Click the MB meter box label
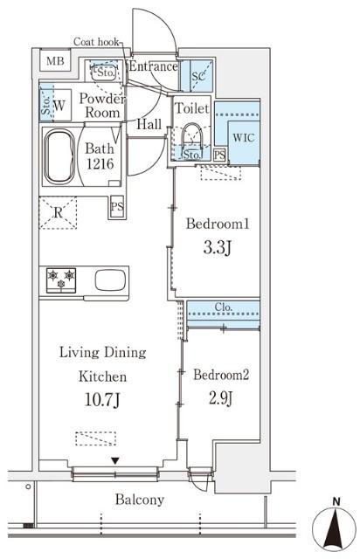[x=55, y=61]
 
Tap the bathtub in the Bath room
[x=59, y=156]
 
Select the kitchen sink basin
[x=110, y=279]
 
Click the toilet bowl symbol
[x=192, y=136]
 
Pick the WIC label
[x=244, y=138]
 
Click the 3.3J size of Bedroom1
[x=218, y=247]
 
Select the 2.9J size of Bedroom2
[x=221, y=398]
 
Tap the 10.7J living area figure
[x=102, y=400]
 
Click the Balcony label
[x=140, y=500]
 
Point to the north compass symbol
[x=335, y=528]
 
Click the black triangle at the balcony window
[x=114, y=461]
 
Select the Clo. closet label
[x=224, y=307]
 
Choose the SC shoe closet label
[x=198, y=76]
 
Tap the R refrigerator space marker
[x=58, y=213]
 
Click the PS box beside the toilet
[x=220, y=155]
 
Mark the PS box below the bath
[x=117, y=207]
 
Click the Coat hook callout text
[x=96, y=42]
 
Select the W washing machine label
[x=59, y=106]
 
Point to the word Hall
[x=149, y=124]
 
